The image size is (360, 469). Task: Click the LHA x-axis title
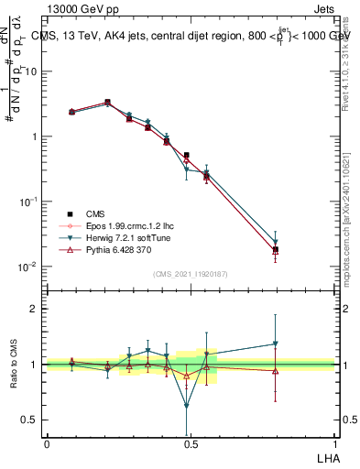(325, 457)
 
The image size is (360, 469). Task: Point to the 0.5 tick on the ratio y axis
(31, 420)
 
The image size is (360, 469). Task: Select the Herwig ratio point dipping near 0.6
(187, 406)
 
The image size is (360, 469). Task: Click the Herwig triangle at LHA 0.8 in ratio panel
(275, 344)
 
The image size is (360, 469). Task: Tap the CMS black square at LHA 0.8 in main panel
(275, 249)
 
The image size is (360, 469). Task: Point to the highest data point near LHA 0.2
(108, 103)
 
